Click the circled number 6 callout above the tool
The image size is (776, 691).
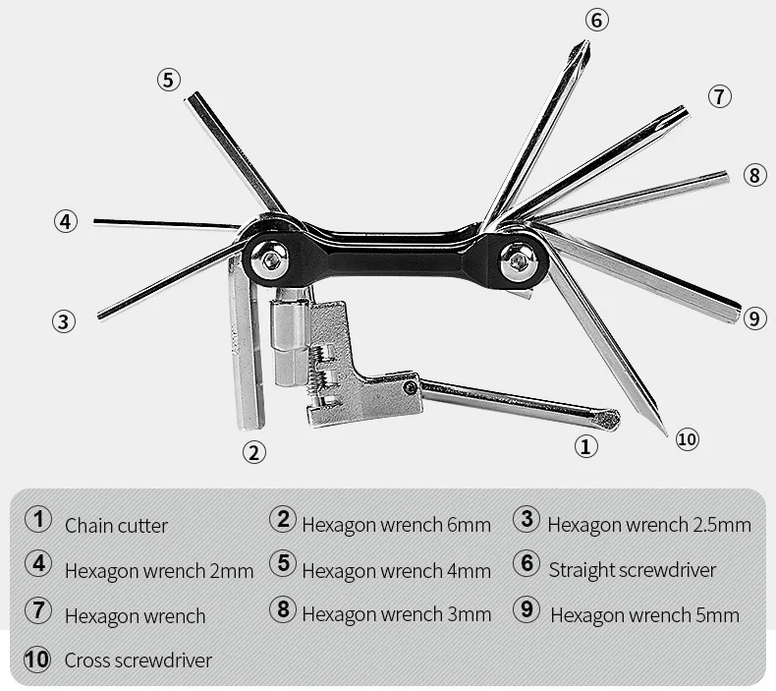click(x=597, y=20)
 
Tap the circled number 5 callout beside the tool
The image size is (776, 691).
click(x=169, y=80)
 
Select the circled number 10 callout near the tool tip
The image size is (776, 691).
click(x=688, y=438)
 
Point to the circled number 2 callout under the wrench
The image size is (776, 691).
click(x=254, y=452)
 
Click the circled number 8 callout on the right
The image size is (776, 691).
click(x=753, y=176)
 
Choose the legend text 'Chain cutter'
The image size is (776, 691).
click(x=116, y=526)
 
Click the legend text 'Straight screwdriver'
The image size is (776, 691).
click(x=633, y=570)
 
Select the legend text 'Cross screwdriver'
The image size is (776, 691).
click(x=138, y=660)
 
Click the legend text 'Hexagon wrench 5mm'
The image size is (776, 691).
click(x=644, y=615)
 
